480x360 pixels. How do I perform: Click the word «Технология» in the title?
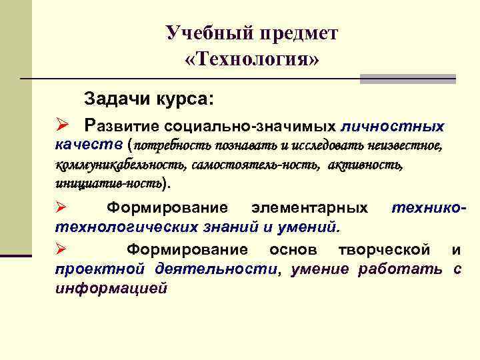(x=252, y=59)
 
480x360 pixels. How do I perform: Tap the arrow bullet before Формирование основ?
(x=61, y=250)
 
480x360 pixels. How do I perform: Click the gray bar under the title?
(x=407, y=79)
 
